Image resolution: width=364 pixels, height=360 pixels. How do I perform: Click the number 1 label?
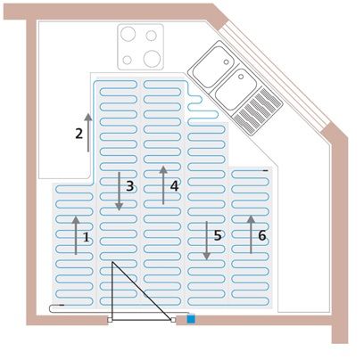(86, 237)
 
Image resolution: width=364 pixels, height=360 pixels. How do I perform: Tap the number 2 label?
(79, 134)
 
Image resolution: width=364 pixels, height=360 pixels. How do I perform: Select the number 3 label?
(129, 186)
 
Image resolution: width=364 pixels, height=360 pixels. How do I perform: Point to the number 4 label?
(174, 186)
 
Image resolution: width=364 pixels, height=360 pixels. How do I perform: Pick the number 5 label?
(218, 235)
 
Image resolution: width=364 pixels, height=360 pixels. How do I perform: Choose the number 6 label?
(262, 235)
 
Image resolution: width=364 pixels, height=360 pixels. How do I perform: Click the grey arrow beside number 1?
(76, 235)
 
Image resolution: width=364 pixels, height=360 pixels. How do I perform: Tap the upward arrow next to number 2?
(88, 133)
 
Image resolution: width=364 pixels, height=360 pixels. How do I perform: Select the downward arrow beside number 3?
(119, 192)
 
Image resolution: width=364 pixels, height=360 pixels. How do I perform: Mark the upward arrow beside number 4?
(163, 185)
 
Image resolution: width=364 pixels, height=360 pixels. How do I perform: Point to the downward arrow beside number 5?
(207, 241)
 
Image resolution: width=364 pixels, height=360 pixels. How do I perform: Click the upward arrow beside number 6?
(251, 234)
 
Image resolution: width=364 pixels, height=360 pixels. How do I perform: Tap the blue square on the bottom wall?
(191, 319)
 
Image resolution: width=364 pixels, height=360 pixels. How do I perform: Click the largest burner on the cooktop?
(152, 58)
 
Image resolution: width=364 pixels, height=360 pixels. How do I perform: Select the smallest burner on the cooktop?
(127, 60)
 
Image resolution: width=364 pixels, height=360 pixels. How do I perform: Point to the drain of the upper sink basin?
(227, 62)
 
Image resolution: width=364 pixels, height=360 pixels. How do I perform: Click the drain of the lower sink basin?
(241, 77)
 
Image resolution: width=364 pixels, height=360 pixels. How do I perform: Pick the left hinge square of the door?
(110, 320)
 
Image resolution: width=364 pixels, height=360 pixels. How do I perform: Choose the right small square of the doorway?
(173, 320)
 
